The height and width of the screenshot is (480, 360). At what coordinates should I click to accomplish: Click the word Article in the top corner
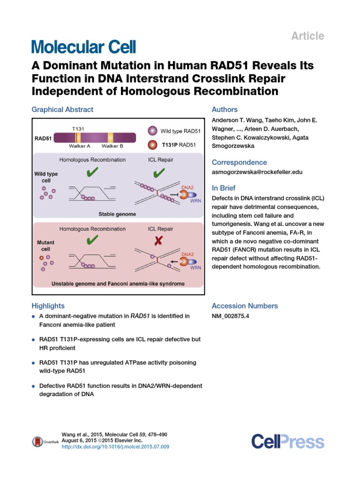308,36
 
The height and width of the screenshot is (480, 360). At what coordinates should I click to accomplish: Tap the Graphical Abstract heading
62,110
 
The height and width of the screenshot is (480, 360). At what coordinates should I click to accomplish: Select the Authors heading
225,110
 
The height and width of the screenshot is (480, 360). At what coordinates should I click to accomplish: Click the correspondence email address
257,172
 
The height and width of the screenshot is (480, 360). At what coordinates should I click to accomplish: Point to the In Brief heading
223,187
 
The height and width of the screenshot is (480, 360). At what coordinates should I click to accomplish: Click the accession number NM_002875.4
231,316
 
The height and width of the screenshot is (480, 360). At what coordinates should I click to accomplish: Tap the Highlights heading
48,306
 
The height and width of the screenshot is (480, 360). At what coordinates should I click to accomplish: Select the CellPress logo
287,441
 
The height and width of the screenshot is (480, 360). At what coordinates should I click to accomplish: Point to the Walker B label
112,146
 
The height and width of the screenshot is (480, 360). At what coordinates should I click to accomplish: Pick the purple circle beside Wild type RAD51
152,131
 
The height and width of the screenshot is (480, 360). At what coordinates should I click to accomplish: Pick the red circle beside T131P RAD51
152,144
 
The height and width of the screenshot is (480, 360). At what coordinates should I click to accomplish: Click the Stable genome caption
117,214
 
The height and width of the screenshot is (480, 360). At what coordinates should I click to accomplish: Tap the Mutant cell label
45,246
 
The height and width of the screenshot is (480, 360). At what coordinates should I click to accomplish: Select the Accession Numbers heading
245,306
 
